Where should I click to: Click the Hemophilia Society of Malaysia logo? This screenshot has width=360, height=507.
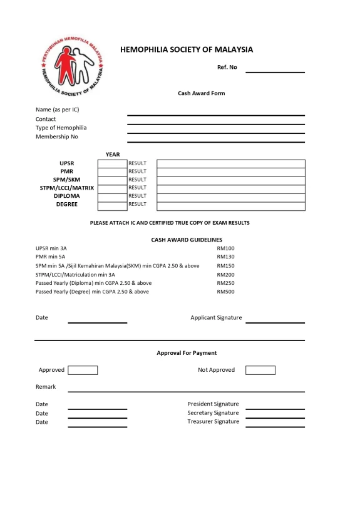click(x=71, y=65)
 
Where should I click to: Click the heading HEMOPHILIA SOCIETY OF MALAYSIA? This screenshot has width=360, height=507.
click(x=187, y=49)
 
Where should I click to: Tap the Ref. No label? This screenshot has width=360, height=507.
click(x=227, y=67)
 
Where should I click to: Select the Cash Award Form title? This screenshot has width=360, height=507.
click(x=201, y=93)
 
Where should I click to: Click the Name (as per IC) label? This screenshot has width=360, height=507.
click(x=57, y=110)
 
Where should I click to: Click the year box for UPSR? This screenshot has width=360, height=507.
click(x=113, y=163)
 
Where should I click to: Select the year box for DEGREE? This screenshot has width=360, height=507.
click(x=113, y=205)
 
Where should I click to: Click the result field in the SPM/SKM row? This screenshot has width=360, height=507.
click(x=230, y=180)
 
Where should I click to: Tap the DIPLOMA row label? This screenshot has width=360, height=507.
click(x=67, y=196)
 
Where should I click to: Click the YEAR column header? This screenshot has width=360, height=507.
click(x=113, y=155)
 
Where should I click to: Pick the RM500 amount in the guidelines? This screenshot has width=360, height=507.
click(x=225, y=292)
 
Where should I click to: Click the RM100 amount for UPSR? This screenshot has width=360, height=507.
click(x=225, y=248)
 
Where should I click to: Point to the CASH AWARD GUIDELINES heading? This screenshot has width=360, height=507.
click(x=187, y=240)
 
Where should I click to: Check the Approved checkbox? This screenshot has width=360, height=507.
click(x=83, y=370)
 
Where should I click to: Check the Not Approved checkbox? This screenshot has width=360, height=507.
click(x=260, y=370)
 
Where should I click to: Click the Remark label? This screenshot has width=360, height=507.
click(x=46, y=387)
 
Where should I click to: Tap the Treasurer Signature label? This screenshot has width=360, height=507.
click(x=213, y=421)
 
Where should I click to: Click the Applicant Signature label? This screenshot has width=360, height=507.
click(x=216, y=317)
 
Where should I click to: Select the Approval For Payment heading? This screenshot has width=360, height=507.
click(x=187, y=353)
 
